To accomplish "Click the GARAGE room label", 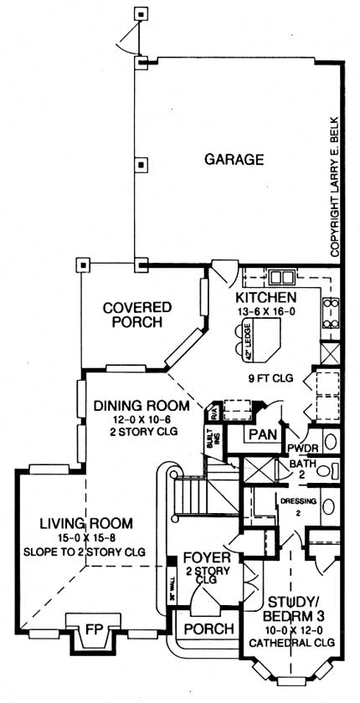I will coord(234,159).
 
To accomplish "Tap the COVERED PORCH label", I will coord(136,315).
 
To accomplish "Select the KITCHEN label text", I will coord(265,299).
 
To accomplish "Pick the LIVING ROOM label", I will coord(85,524).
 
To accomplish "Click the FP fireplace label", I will coord(91,625).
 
